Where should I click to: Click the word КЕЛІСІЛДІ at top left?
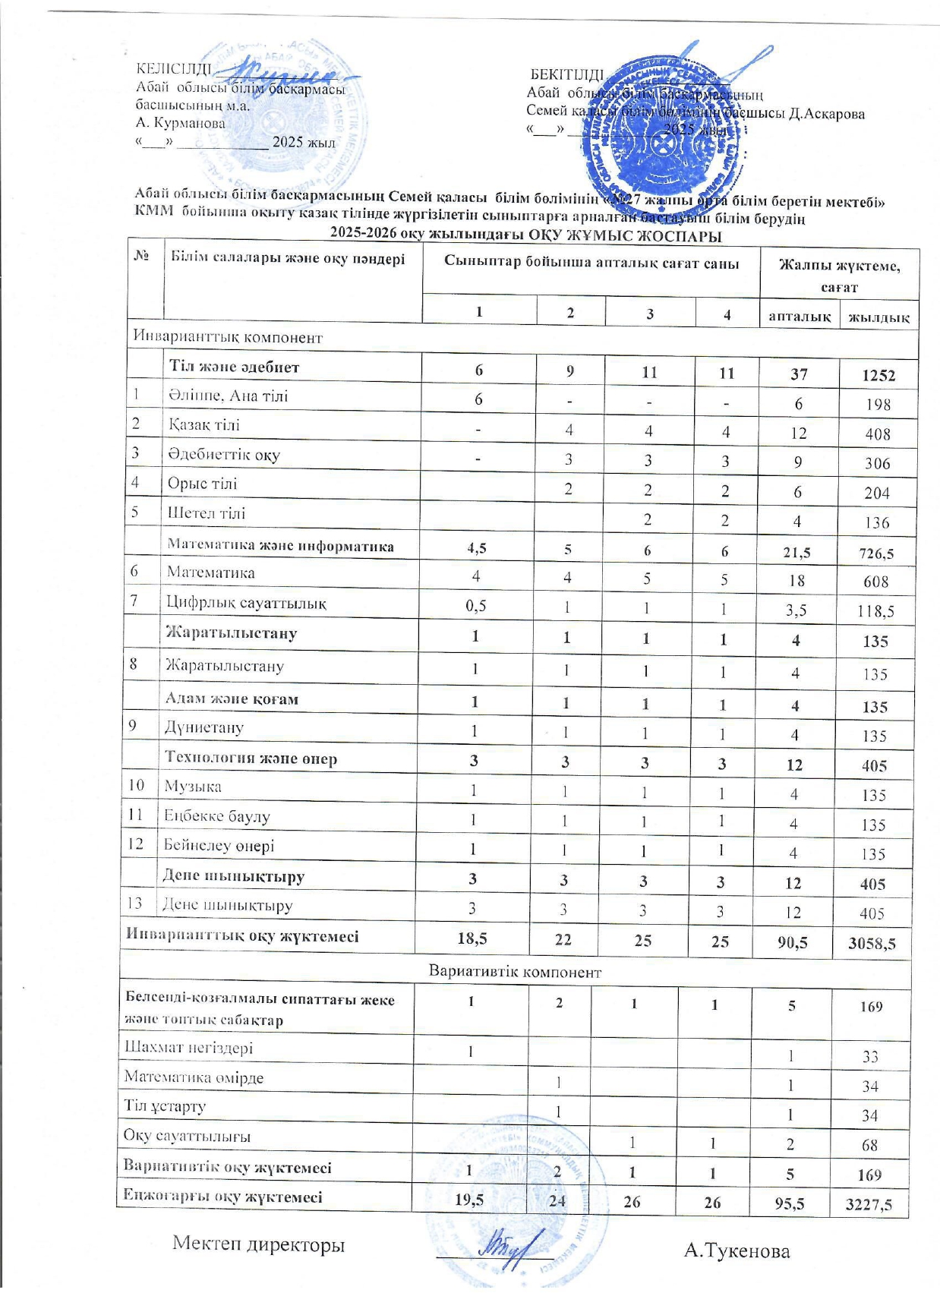coord(173,69)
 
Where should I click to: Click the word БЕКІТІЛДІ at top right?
coord(566,74)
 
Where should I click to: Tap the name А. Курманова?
coord(181,123)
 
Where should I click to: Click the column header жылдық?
coord(878,317)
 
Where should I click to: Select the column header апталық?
coord(799,316)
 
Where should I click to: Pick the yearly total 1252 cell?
coord(878,375)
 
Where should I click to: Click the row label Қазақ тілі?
coord(204,425)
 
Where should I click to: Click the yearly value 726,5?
coord(876,553)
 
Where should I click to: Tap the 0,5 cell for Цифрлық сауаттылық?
coord(476,606)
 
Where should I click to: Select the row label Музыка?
coord(193,787)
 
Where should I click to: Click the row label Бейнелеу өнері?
coord(219,846)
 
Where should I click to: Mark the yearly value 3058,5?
coord(872,944)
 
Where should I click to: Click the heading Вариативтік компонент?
coord(515,972)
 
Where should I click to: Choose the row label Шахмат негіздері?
coord(188,1049)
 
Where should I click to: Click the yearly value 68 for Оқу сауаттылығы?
coord(870,1145)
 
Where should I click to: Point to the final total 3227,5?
coord(868,1205)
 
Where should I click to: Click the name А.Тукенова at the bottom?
coord(737,1251)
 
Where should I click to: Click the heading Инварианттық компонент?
coord(228,337)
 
